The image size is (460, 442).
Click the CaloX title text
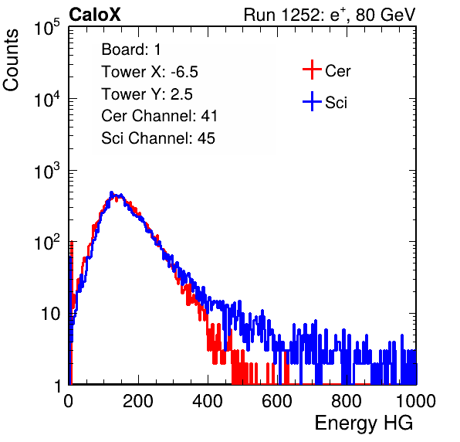[94, 15]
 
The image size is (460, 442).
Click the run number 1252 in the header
[300, 15]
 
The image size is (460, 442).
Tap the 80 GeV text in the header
[385, 15]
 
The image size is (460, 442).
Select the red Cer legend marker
[312, 70]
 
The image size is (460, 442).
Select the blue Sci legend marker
[312, 101]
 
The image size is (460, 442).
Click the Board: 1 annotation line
[131, 49]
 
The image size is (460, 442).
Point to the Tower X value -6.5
[184, 72]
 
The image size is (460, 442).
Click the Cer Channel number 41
[209, 116]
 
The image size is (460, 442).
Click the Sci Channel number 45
[206, 138]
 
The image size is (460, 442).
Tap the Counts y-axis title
[11, 59]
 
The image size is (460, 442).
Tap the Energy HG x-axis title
[364, 423]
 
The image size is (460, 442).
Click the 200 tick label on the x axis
[138, 401]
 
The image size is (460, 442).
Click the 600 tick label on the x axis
[277, 401]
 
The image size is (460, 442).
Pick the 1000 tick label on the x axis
[416, 401]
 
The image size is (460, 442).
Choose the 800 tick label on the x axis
[347, 401]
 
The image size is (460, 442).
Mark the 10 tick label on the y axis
[50, 314]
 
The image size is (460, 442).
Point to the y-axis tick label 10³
[47, 171]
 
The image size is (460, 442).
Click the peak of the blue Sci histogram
[111, 192]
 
